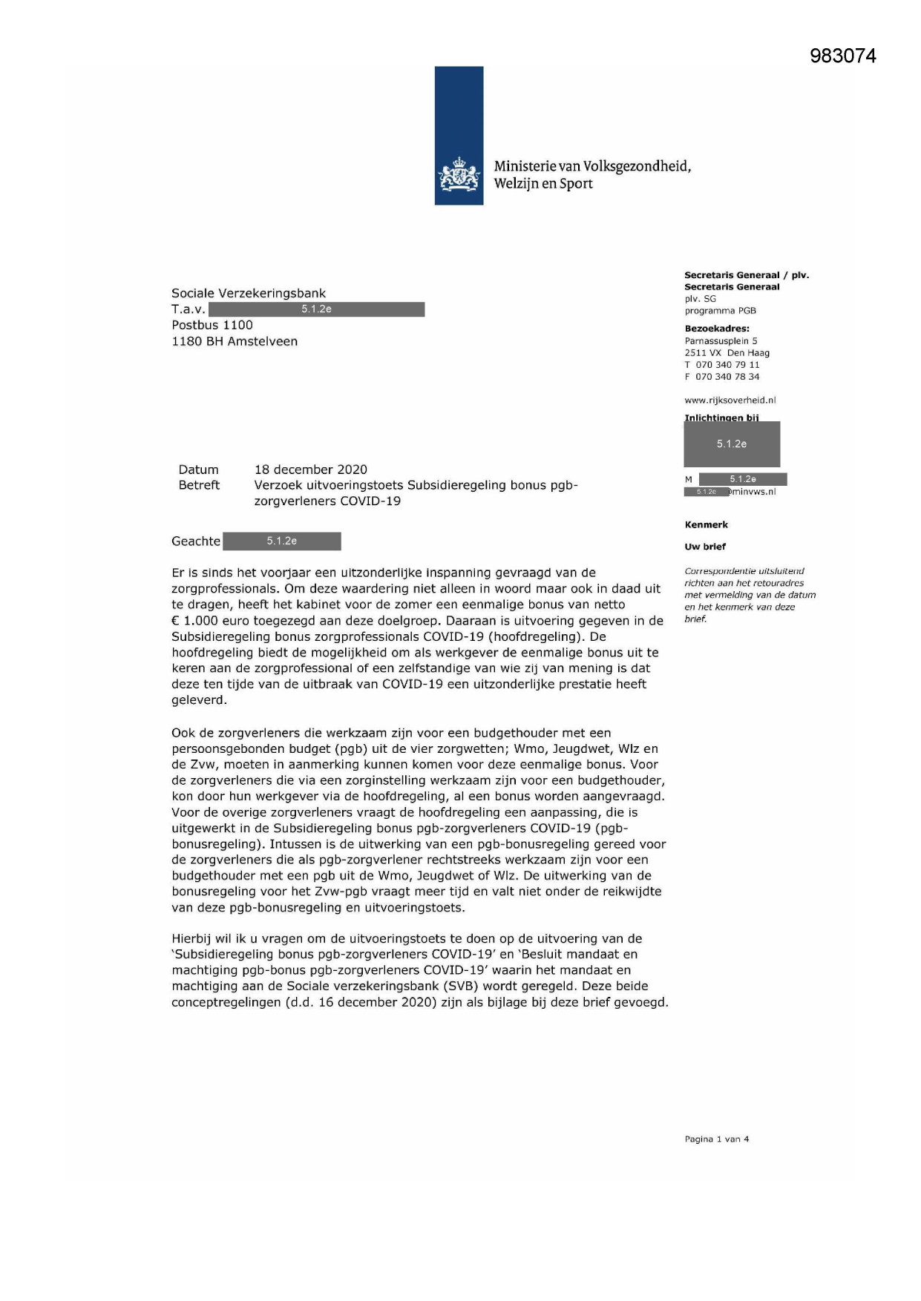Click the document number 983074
(842, 56)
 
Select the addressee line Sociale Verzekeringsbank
(249, 294)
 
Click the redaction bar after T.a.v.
(316, 309)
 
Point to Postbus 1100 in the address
(212, 325)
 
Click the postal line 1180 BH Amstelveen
(235, 341)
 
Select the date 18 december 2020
(310, 470)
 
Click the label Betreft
(199, 485)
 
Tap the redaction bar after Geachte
(282, 541)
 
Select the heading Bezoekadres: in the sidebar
(717, 329)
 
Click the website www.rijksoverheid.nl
(730, 400)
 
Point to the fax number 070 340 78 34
(727, 377)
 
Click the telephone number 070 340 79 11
(727, 365)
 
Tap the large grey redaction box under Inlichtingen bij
(732, 444)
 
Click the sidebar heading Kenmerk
(707, 524)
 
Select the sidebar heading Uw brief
(705, 547)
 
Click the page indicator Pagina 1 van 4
(717, 1139)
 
